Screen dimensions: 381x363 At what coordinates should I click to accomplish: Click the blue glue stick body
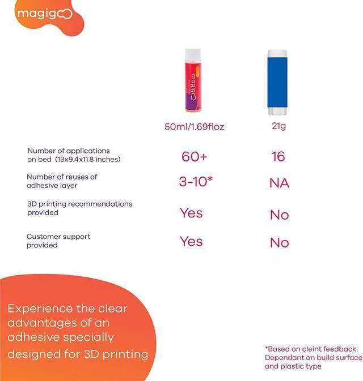coord(278,79)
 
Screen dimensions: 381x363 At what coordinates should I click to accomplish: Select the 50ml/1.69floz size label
coord(194,127)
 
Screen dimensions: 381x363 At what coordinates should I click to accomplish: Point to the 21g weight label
coord(278,126)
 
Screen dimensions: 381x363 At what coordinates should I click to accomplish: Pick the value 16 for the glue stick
coord(278,156)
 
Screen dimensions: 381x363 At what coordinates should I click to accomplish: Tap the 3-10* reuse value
coord(195,182)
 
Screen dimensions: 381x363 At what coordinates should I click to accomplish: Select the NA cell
coord(279,183)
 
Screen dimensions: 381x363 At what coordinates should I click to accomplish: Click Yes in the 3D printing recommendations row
coord(191,213)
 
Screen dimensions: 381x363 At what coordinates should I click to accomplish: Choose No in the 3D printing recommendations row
coord(279,215)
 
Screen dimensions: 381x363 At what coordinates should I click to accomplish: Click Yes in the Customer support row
coord(191,241)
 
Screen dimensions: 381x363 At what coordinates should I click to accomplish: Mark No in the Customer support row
coord(279,243)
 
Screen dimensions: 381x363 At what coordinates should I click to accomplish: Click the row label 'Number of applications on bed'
coord(74,155)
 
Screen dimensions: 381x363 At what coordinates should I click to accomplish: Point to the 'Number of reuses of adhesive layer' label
coord(62,181)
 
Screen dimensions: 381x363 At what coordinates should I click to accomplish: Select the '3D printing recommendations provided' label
coord(79,208)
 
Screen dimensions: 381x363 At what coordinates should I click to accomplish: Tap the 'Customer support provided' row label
coord(58,241)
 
